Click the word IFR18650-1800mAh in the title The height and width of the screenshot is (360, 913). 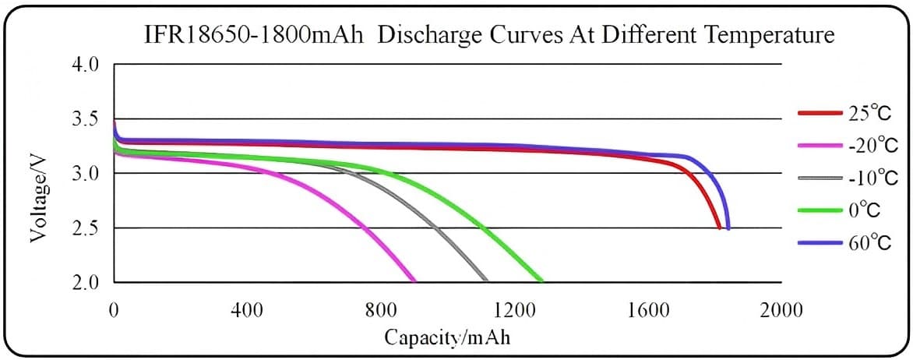click(255, 36)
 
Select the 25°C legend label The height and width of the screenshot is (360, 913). click(869, 113)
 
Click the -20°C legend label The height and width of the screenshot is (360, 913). click(872, 145)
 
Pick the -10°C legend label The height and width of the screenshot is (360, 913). click(872, 178)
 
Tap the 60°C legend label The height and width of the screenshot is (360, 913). click(869, 243)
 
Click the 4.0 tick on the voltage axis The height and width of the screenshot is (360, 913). click(86, 65)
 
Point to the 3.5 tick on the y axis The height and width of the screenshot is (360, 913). click(86, 119)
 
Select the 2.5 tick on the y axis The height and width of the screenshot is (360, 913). click(86, 228)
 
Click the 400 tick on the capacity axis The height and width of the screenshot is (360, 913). click(247, 310)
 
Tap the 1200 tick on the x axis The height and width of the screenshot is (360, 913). click(514, 310)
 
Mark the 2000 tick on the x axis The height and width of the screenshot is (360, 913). click(781, 310)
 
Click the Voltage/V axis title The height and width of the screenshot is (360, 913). click(38, 196)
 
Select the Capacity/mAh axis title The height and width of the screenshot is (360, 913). click(448, 338)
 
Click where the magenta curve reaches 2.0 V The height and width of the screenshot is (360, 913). click(413, 281)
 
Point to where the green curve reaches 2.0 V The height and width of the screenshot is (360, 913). click(540, 281)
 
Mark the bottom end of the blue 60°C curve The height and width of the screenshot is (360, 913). click(728, 228)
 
